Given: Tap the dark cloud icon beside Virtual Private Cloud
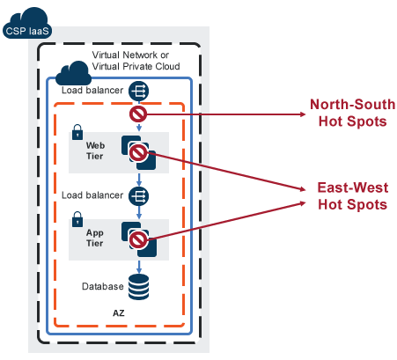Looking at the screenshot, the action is pos(73,73).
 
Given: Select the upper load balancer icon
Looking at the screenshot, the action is pos(138,91).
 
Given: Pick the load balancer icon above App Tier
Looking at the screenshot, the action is pos(138,196).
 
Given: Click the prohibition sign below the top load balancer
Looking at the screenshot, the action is pos(138,114).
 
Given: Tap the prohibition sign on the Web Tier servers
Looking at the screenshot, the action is pos(138,153).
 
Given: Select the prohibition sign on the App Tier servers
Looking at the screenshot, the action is pos(138,240).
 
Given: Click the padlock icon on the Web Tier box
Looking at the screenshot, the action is pos(77,132).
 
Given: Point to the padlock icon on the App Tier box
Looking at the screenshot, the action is pos(77,219).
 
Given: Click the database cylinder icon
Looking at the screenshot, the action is pos(138,287).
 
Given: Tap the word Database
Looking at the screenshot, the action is pos(103,286).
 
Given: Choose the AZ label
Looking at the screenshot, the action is pos(119,313).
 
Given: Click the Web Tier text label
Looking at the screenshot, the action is pos(95,151).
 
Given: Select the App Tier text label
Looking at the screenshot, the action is pos(95,238).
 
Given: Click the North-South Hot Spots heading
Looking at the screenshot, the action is pos(353,113).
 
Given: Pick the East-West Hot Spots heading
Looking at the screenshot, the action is pos(353,196).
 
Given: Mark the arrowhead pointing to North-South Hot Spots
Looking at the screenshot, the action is pos(303,114).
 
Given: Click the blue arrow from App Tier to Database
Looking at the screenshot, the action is pos(139,267).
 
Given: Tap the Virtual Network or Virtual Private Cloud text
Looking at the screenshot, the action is pos(136,61).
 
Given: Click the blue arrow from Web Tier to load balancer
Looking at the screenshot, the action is pos(139,180).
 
